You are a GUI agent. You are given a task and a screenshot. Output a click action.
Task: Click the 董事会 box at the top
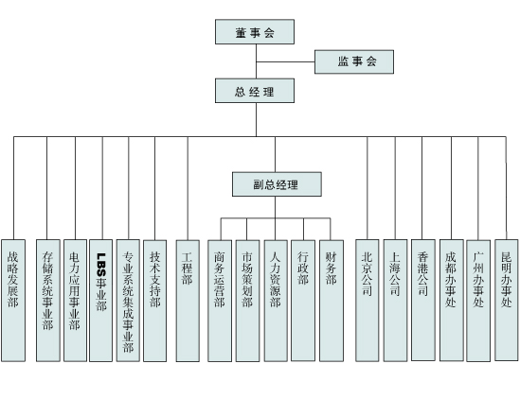click(x=255, y=32)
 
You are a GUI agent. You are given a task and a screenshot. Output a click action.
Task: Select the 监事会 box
click(x=354, y=61)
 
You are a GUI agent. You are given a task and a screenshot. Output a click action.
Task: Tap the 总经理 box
click(x=255, y=91)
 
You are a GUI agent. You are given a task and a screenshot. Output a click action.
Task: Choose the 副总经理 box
click(x=277, y=184)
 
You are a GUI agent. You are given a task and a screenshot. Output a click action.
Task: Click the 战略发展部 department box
click(x=13, y=301)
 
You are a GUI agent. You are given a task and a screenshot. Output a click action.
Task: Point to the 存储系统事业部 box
click(x=48, y=301)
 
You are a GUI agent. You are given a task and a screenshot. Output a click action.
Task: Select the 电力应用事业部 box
click(x=75, y=301)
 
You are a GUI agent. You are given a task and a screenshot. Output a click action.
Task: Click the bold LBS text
click(x=101, y=265)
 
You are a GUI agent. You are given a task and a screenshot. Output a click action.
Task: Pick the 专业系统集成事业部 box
click(x=128, y=301)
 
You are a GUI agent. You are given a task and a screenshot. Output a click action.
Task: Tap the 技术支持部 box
click(x=155, y=301)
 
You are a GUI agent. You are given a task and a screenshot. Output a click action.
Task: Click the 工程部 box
click(x=188, y=301)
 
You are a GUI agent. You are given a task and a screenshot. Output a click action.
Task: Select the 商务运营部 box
click(x=220, y=301)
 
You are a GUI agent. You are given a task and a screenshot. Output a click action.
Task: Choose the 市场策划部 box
click(x=248, y=301)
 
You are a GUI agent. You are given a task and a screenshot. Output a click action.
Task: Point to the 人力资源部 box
click(x=276, y=301)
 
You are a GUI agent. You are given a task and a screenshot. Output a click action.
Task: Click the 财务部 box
click(x=332, y=301)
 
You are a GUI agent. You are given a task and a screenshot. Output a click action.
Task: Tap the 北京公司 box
click(x=368, y=301)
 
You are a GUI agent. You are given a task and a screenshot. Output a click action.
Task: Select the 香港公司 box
click(x=423, y=300)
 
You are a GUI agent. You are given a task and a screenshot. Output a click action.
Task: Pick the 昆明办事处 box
click(x=507, y=300)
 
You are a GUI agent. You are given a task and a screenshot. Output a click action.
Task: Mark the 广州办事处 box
click(x=478, y=301)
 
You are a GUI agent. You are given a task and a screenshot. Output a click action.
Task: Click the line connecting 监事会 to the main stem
click(x=285, y=61)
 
